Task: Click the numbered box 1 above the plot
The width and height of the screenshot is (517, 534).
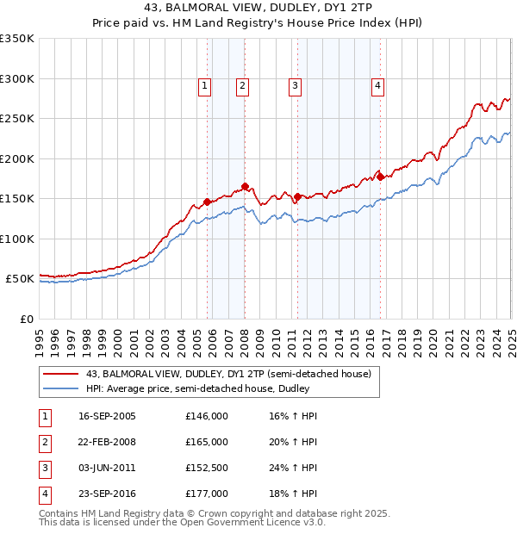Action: [x=205, y=84]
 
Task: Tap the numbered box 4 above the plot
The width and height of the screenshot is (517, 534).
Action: [x=377, y=84]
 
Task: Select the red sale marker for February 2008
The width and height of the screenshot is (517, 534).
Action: [x=246, y=186]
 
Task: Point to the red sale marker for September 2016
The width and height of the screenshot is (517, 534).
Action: [x=380, y=177]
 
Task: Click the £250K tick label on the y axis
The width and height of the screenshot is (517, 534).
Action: [x=17, y=118]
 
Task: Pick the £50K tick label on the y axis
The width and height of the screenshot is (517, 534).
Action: [x=21, y=279]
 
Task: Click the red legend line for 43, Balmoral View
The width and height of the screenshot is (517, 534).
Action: [x=60, y=374]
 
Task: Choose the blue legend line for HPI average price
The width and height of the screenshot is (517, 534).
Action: [x=60, y=389]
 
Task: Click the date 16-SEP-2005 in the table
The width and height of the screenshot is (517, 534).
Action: [x=107, y=416]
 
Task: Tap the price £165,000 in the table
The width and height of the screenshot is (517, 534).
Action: [x=207, y=442]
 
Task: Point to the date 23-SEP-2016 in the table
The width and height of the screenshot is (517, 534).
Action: [x=107, y=494]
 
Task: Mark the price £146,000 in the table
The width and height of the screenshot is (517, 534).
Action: [x=207, y=416]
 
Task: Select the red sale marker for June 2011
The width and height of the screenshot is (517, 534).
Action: [x=297, y=196]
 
